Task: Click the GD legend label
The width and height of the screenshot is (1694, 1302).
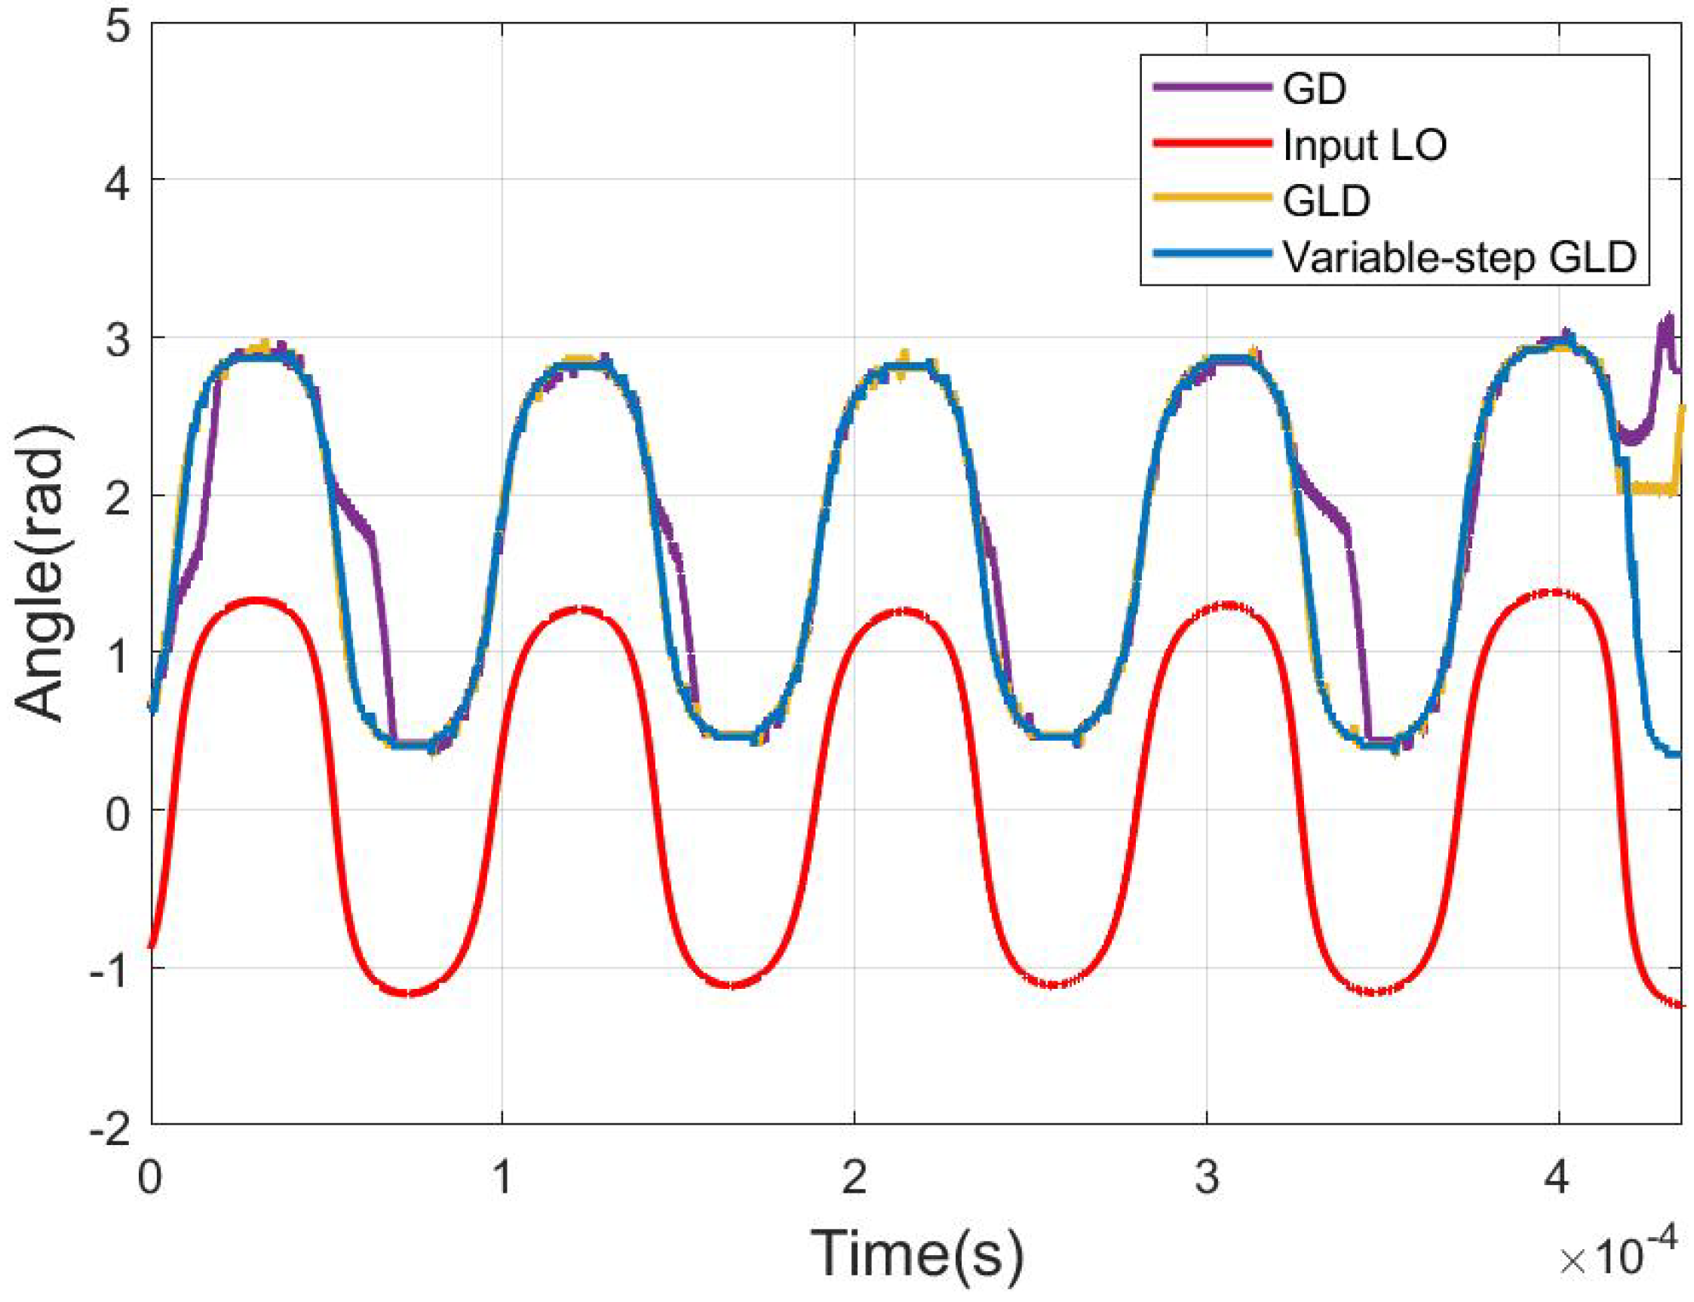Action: click(x=1315, y=89)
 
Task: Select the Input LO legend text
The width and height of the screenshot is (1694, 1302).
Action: click(x=1364, y=145)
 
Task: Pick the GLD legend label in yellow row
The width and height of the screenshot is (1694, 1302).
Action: click(x=1326, y=201)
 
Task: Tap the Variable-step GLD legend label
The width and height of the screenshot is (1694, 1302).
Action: click(x=1459, y=256)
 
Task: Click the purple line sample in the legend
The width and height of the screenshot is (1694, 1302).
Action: click(x=1213, y=88)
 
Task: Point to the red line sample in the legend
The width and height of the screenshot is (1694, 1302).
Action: click(x=1213, y=143)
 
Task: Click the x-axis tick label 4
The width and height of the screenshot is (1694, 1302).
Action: click(x=1555, y=1179)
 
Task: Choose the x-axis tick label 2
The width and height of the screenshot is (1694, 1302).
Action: click(x=853, y=1179)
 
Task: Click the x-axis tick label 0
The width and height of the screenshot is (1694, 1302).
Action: click(x=150, y=1179)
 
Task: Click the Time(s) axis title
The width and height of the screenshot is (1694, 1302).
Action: click(x=916, y=1254)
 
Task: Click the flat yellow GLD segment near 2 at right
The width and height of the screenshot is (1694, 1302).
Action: click(x=1646, y=488)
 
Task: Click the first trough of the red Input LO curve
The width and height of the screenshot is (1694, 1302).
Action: click(x=409, y=993)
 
